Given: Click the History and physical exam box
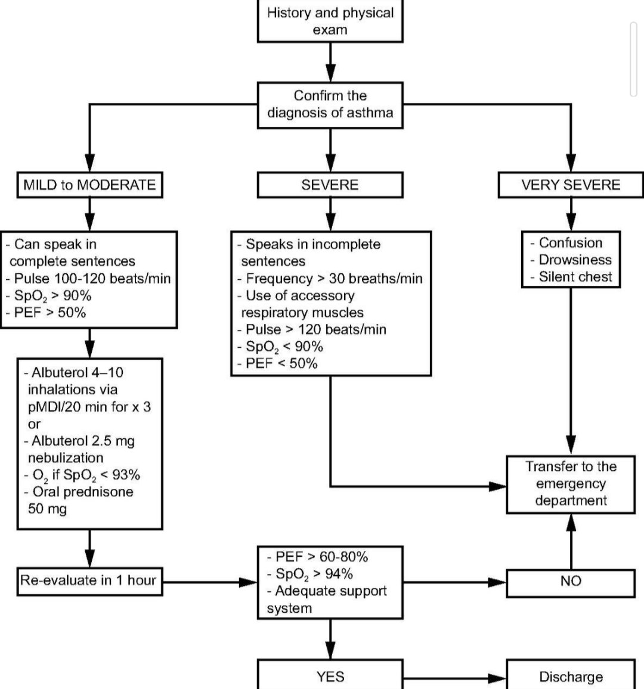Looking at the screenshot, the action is tap(330, 21).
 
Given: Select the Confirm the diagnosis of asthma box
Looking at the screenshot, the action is tap(330, 105).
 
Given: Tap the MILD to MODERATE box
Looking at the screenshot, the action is tap(89, 185).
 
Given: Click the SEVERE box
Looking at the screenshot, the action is tap(330, 185).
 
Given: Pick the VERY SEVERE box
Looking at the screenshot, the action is tap(571, 185).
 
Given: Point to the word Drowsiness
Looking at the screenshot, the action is tap(575, 260).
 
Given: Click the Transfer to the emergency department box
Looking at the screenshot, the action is tap(571, 484).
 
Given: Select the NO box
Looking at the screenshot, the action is tap(571, 583).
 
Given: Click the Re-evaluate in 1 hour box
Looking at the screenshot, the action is tap(89, 582).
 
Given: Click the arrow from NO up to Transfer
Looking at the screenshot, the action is tap(571, 541).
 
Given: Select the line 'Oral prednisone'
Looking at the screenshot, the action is tap(83, 492).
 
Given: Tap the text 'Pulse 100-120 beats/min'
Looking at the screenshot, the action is tap(92, 278).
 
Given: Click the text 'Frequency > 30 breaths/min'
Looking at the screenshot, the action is tap(334, 278).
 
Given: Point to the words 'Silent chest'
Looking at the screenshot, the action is tap(575, 277).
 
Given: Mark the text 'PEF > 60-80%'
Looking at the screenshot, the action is tap(321, 557).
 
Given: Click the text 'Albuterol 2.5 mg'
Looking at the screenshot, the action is tap(83, 441).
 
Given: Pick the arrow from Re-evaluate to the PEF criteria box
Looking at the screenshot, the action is tap(210, 582).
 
